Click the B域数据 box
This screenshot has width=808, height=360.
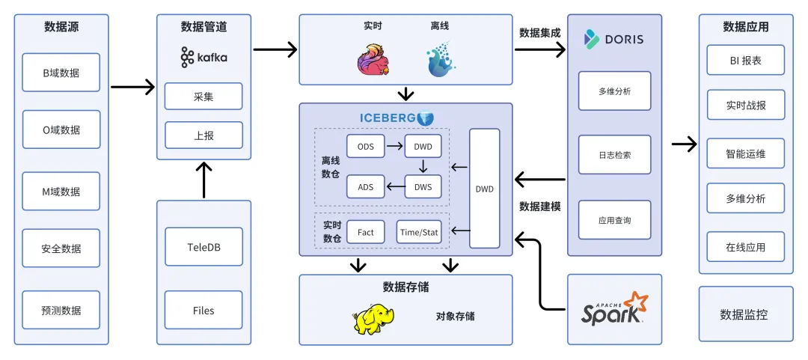point(61,73)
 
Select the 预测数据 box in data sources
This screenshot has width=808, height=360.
point(61,310)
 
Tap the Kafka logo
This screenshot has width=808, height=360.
point(203,57)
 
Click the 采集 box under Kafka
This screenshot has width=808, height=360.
point(203,97)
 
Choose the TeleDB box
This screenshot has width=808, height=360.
point(203,247)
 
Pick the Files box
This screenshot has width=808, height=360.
point(203,310)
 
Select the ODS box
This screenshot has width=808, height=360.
point(365,146)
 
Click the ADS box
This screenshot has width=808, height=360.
point(365,186)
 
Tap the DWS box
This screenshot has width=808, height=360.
point(423,186)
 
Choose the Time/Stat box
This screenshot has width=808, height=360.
point(419,232)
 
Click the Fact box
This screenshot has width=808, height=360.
point(365,232)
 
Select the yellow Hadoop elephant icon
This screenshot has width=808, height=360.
point(373,318)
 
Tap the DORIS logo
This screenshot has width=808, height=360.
point(613,38)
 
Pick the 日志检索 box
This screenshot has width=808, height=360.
point(614,155)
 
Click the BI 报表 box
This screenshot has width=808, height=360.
point(745,61)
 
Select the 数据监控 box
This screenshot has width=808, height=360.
point(745,314)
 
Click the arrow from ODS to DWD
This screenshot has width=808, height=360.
point(394,146)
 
